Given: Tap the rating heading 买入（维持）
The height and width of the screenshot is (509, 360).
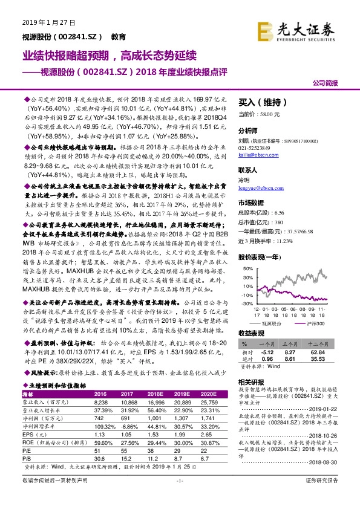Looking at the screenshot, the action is click(x=259, y=103).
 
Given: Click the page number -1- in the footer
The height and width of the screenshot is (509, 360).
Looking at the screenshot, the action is click(x=179, y=497).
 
